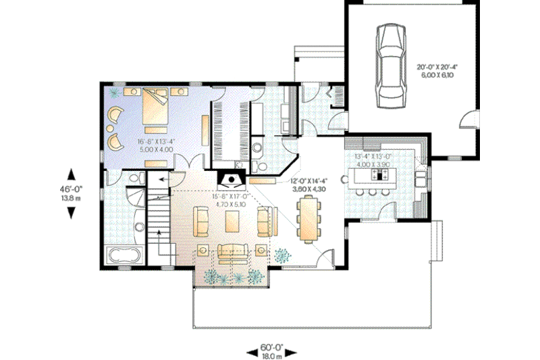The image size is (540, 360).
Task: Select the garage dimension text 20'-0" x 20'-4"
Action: (440, 67)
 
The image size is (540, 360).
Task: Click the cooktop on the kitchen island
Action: (383, 174)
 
